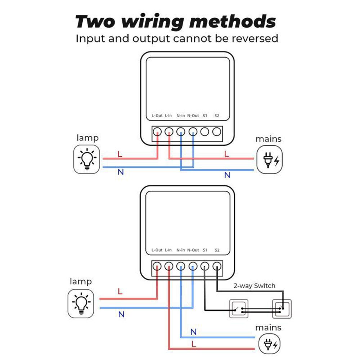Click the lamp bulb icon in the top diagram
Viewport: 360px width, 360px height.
(86, 159)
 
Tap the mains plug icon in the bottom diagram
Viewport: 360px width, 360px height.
(270, 345)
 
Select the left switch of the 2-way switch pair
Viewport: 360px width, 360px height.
(239, 309)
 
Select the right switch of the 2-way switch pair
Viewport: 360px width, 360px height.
(282, 309)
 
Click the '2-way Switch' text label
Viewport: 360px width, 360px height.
(254, 286)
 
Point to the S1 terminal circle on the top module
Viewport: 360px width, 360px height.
(205, 132)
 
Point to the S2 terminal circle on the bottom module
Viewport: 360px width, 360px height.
(217, 266)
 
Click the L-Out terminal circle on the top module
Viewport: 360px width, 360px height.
(157, 132)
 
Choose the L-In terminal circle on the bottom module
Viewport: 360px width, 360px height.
(169, 266)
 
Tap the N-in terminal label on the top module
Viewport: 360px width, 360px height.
(181, 116)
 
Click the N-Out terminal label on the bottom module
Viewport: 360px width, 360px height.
(193, 250)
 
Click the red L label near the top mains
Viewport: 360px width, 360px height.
(226, 154)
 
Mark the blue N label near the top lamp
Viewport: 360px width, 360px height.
(121, 172)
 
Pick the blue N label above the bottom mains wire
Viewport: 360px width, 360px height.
(194, 332)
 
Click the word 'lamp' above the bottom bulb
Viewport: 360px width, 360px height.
(81, 281)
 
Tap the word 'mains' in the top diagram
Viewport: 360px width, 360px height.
(268, 139)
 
